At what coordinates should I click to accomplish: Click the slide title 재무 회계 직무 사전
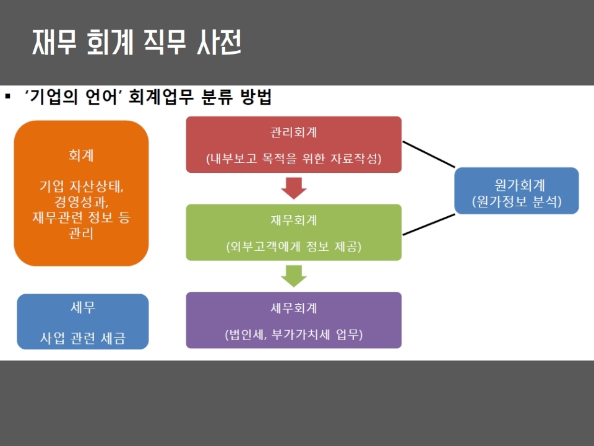tap(137, 42)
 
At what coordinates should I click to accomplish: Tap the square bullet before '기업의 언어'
tap(7, 97)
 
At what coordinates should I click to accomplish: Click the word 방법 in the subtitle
tap(256, 97)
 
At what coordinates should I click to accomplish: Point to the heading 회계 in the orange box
tap(81, 155)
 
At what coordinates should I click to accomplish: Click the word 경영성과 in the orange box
tap(81, 201)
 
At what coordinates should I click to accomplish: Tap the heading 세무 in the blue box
tap(83, 307)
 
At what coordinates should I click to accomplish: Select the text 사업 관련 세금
tap(82, 338)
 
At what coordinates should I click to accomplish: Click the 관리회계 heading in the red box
tap(293, 132)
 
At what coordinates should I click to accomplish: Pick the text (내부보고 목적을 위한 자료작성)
tap(293, 158)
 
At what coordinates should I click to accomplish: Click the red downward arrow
tap(293, 188)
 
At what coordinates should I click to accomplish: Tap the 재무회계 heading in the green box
tap(293, 220)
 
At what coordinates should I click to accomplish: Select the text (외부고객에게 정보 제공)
tap(293, 247)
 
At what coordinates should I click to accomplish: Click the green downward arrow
tap(293, 276)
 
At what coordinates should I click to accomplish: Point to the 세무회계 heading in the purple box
tap(293, 308)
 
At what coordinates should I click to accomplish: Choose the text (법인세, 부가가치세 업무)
tap(293, 334)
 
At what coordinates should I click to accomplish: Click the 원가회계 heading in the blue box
tap(520, 185)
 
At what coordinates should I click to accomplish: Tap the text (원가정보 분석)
tap(517, 201)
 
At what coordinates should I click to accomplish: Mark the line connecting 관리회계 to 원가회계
tap(428, 154)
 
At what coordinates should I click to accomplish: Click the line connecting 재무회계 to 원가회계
tap(428, 224)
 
